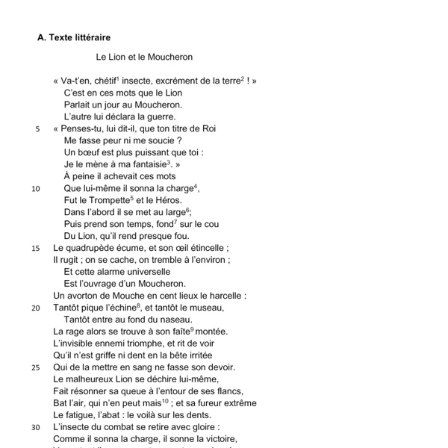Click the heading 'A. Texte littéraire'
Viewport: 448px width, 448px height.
click(75, 37)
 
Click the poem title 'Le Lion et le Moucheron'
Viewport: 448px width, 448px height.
click(144, 56)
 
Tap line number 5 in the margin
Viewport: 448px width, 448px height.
click(37, 128)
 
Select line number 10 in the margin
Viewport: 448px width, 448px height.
click(36, 188)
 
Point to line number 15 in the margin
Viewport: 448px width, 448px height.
click(36, 248)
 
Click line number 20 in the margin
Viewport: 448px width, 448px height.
click(36, 308)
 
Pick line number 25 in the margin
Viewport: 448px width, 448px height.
click(36, 367)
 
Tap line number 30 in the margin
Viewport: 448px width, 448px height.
click(36, 427)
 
